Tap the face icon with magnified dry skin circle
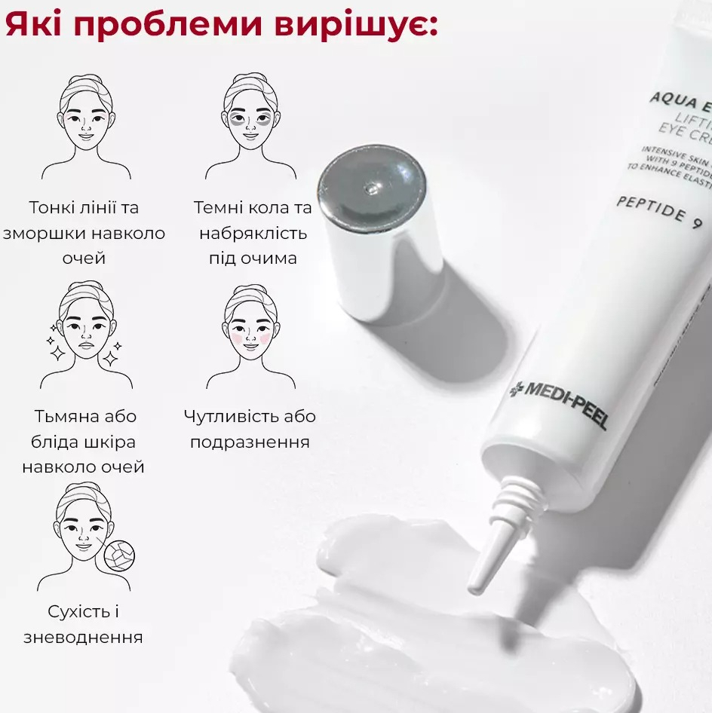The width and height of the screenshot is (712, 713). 83,537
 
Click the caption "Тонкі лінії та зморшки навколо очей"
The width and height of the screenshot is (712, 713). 83,233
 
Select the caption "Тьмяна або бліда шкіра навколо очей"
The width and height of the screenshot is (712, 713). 83,442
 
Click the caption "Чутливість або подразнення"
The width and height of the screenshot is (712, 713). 250,429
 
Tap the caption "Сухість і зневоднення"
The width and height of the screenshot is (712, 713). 83,623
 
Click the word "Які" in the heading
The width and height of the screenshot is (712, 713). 34,23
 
